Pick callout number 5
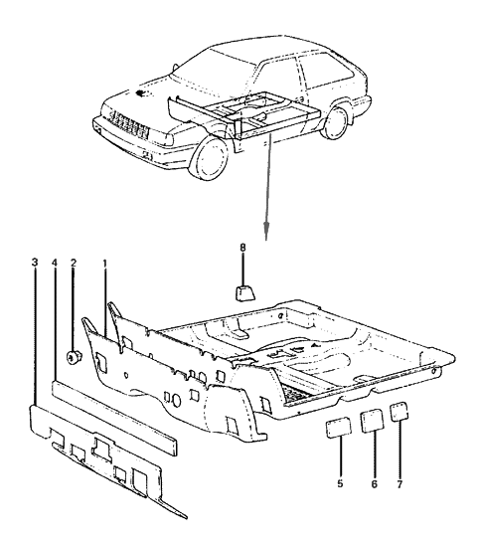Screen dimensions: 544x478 point(340,486)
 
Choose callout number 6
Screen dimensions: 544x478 point(373,486)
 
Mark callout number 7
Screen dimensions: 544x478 point(400,486)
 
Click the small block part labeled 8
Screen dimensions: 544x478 point(243,291)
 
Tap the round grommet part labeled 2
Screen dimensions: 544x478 point(73,356)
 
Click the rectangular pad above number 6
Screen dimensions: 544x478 point(372,420)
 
